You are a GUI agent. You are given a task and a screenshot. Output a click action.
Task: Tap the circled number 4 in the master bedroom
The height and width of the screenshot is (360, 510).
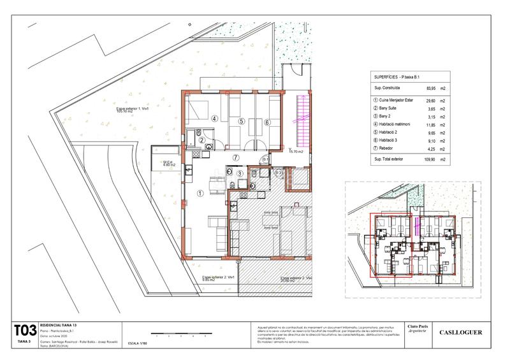(215, 118)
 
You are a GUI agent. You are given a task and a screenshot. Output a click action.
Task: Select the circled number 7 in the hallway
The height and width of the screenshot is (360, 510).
(235, 157)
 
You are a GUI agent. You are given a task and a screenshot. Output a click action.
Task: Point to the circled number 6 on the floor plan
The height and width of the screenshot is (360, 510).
(268, 122)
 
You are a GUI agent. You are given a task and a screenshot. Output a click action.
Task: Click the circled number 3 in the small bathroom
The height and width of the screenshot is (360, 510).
(239, 173)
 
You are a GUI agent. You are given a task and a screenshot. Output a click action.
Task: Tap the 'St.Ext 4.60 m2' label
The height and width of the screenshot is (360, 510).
(168, 164)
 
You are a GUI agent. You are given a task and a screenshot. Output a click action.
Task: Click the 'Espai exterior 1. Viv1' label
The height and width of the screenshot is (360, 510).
(133, 110)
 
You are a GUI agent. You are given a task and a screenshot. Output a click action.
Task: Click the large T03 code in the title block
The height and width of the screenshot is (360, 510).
(25, 330)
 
